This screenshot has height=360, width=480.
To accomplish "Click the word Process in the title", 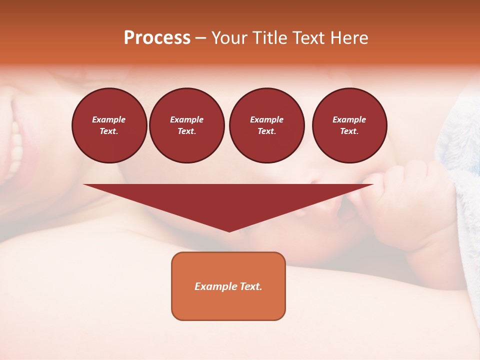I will [x=157, y=38].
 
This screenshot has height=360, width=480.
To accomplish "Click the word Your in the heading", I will [x=229, y=38].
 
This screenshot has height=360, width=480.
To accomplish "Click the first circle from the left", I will [x=109, y=125].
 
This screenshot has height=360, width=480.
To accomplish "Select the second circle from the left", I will [x=187, y=125].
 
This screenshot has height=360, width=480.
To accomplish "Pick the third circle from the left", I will [x=266, y=125].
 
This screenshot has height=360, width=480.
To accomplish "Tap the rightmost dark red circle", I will [x=349, y=125].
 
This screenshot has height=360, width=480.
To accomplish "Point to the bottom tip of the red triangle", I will [x=229, y=231].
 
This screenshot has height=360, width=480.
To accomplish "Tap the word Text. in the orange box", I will [x=250, y=286].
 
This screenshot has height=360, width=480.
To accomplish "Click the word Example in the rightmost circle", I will [x=349, y=119].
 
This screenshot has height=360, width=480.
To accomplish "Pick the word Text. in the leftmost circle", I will [x=109, y=131].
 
